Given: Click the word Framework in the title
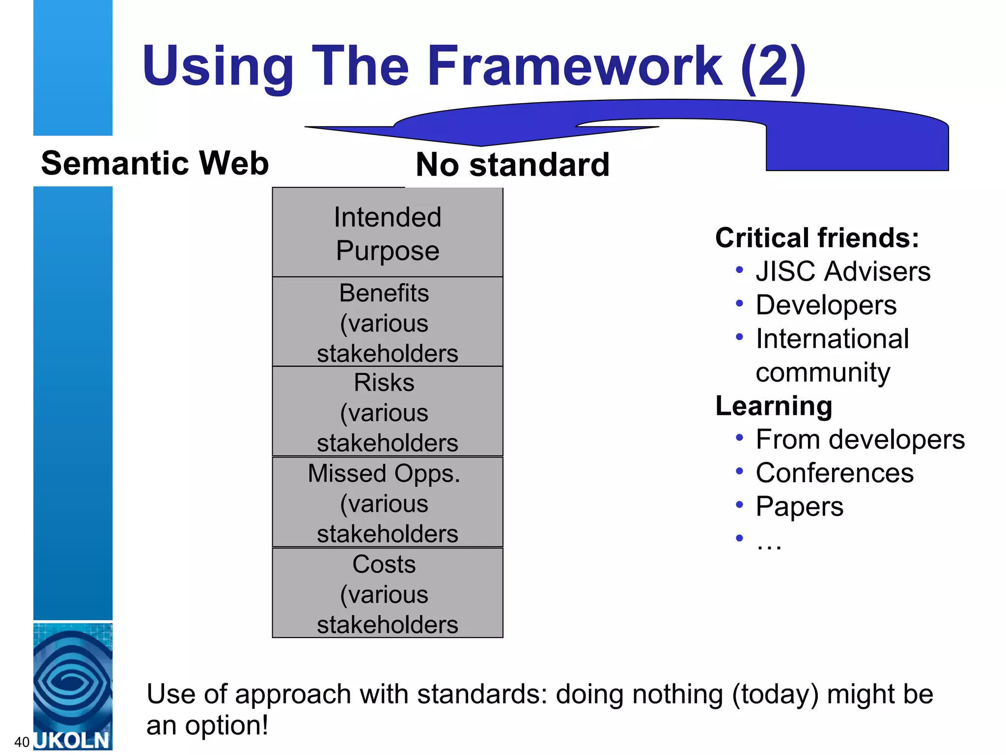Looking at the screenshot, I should (x=575, y=66).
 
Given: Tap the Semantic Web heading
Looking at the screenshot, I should (x=155, y=163).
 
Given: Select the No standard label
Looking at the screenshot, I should (x=512, y=165).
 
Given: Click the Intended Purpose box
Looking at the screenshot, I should (x=388, y=233).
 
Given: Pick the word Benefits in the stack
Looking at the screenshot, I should (x=384, y=293).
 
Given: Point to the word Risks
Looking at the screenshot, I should (x=384, y=383).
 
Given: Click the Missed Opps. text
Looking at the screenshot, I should (x=384, y=474).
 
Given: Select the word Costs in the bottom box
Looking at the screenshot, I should (x=384, y=564).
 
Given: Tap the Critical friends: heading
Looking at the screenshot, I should (x=817, y=238).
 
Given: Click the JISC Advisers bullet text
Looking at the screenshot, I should (x=843, y=271).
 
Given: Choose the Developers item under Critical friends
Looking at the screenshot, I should (x=826, y=305).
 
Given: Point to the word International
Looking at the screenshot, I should (x=832, y=339).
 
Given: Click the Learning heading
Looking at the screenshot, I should (x=774, y=406).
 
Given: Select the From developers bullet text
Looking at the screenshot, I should (x=860, y=439).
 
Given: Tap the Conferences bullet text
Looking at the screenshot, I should (x=835, y=473).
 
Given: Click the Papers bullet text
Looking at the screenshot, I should (x=799, y=507).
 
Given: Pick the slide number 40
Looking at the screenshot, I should (x=22, y=742).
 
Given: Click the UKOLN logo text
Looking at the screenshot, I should (x=73, y=740).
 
